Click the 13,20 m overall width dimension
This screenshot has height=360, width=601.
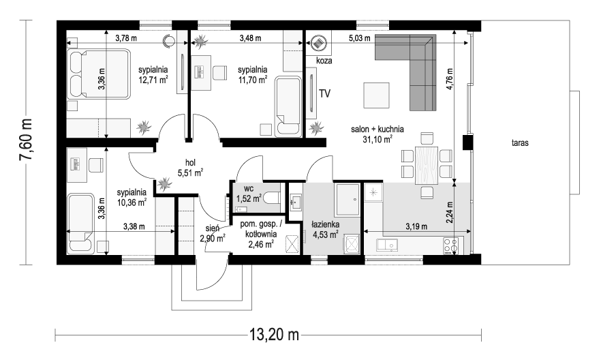pyautogui.click(x=275, y=335)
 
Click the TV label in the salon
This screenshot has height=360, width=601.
pyautogui.click(x=324, y=93)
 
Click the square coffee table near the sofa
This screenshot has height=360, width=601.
pyautogui.click(x=377, y=94)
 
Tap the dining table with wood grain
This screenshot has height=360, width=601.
pyautogui.click(x=427, y=164)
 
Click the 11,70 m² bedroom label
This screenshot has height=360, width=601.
pyautogui.click(x=252, y=74)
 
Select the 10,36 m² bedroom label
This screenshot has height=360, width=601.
pyautogui.click(x=132, y=197)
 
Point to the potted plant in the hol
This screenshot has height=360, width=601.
pyautogui.click(x=164, y=183)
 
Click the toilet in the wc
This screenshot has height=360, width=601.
pyautogui.click(x=271, y=198)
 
